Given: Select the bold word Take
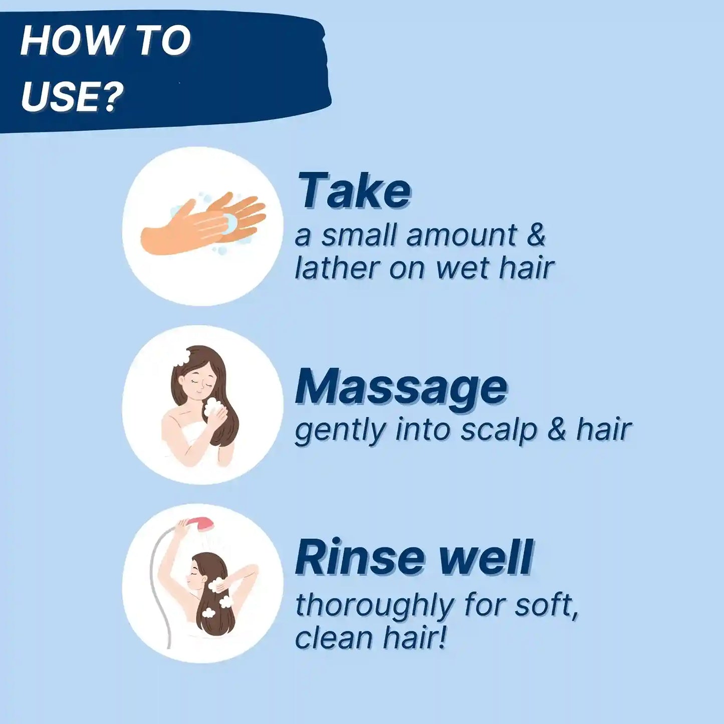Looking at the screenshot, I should pos(354,190).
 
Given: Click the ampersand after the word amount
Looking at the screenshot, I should pos(536,235).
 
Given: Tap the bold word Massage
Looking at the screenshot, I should pos(401,387).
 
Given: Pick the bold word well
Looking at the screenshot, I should pos(485,558).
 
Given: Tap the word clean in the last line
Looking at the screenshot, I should pos(334,638).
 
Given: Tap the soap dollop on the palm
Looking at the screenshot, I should pos(230,222).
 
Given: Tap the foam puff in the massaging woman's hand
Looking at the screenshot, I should pos(213,407).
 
